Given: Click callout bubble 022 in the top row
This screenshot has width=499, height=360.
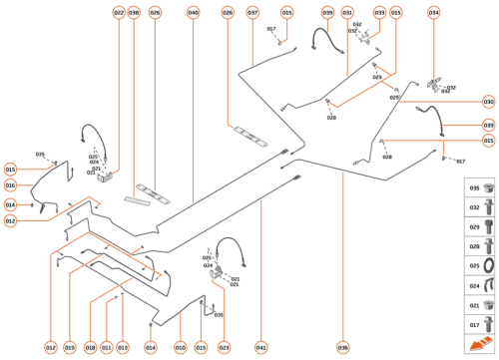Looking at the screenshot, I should coord(119,13).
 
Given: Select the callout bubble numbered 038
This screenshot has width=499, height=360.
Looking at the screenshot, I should coord(134,13).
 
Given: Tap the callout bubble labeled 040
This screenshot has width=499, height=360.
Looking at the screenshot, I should coord(193,13).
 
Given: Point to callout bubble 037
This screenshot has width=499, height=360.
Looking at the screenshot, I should coord(252,13).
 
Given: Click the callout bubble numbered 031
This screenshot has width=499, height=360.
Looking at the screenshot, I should coord(347,13).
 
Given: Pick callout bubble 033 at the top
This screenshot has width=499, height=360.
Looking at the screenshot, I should coord(379,13).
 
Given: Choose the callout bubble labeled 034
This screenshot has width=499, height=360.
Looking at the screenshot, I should coord(433,13).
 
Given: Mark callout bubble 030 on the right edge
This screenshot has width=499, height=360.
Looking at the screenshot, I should coord(488,102).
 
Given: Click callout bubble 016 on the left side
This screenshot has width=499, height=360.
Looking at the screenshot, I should coord(10,185).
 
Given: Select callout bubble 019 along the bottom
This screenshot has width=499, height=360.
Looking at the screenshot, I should coord(70,347).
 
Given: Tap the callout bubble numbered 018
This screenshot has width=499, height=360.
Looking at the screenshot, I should coord(90,347).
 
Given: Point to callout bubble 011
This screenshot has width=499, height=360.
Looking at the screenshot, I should coord(107,347).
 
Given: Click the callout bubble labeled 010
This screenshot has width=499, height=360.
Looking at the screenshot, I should coord(181,347).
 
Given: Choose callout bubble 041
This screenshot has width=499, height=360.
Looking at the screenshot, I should coord(260,347).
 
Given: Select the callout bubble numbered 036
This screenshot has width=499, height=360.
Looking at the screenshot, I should coord(342,347).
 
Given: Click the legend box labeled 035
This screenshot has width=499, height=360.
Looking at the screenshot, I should coord(480,187).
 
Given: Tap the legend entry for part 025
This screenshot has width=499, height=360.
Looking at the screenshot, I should coord(480,265).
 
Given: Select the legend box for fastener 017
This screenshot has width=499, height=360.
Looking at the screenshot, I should coord(480,324).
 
